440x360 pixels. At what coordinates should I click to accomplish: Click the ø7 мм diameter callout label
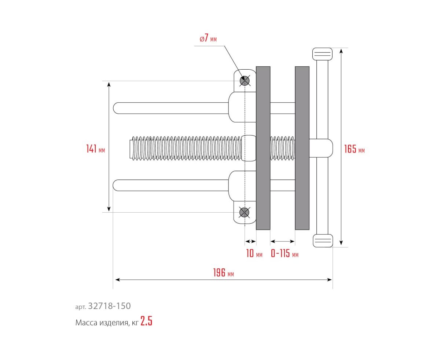tap(208, 38)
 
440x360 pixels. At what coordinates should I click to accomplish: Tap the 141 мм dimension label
tap(96, 149)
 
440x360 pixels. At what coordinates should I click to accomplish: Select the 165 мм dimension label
tap(354, 149)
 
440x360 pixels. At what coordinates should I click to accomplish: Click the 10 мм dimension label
tap(254, 253)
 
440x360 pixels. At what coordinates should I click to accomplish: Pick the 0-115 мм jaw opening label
tap(285, 253)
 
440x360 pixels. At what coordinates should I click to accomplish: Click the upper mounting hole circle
tap(245, 81)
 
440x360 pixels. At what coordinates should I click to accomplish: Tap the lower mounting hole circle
tap(245, 212)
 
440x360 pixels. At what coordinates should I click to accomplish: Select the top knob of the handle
tap(322, 54)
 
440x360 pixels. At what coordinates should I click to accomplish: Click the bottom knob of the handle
tap(323, 240)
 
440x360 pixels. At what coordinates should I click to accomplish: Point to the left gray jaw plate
tap(263, 148)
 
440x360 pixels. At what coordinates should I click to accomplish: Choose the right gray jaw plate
tap(302, 148)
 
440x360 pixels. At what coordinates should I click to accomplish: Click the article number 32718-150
tap(109, 306)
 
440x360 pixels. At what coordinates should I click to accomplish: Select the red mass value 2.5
tap(146, 321)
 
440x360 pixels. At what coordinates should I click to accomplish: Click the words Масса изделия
tap(102, 323)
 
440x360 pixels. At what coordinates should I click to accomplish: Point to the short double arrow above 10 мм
tap(250, 242)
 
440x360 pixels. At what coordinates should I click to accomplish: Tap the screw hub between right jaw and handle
tap(321, 148)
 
